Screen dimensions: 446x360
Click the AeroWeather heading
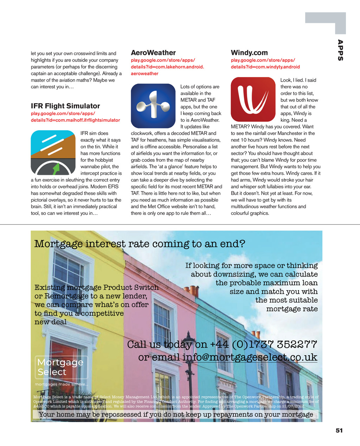click(x=153, y=53)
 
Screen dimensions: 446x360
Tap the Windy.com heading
click(x=249, y=53)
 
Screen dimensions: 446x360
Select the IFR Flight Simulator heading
click(x=65, y=106)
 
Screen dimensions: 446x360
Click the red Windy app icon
click(x=253, y=99)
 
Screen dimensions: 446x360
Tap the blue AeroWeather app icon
click(x=153, y=106)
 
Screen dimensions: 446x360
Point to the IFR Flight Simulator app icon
click(x=53, y=153)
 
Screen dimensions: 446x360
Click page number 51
click(x=339, y=431)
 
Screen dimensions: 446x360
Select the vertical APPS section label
click(x=340, y=50)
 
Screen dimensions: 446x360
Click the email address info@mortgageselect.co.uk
click(x=250, y=357)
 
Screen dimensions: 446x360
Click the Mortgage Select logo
click(x=61, y=367)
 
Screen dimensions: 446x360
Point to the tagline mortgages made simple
click(x=62, y=384)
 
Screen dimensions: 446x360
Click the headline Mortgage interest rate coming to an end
click(x=140, y=244)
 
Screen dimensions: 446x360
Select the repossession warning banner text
click(x=176, y=414)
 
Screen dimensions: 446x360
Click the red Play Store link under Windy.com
click(x=265, y=63)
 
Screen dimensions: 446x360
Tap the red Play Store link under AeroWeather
click(x=167, y=67)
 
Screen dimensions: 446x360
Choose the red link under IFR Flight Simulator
click(x=75, y=117)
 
